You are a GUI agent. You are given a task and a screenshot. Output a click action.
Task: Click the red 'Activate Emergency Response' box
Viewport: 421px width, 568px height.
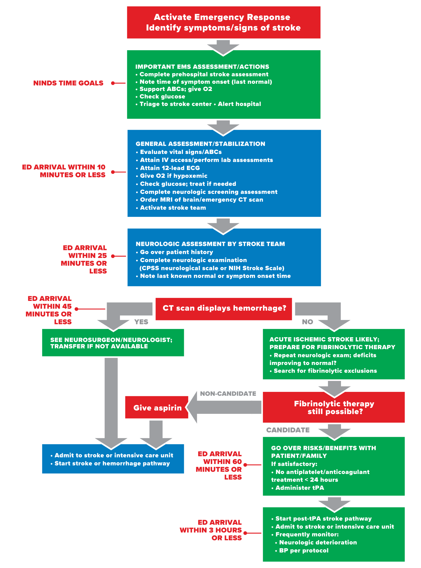pyautogui.click(x=224, y=22)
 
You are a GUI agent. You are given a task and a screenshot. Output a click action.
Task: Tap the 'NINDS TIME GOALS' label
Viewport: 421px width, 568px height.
pyautogui.click(x=68, y=83)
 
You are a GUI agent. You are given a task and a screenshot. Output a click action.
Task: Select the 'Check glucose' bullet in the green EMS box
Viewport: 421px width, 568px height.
pyautogui.click(x=162, y=97)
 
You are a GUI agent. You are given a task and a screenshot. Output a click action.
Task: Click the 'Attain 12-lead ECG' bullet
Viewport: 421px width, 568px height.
pyautogui.click(x=170, y=168)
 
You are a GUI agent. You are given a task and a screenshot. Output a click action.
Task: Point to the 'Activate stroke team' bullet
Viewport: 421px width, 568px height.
pyautogui.click(x=173, y=208)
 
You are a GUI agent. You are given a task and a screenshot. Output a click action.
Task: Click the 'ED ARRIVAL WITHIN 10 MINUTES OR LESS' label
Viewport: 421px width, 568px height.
pyautogui.click(x=64, y=171)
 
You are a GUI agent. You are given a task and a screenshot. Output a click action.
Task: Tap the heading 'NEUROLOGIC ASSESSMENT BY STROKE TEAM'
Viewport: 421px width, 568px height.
pyautogui.click(x=210, y=244)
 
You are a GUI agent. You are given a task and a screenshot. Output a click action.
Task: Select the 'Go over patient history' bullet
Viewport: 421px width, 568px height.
pyautogui.click(x=176, y=252)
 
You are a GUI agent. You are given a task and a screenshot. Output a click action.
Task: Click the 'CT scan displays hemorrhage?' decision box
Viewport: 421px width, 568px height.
pyautogui.click(x=224, y=308)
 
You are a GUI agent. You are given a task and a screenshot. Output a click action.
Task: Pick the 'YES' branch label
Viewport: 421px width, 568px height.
pyautogui.click(x=141, y=322)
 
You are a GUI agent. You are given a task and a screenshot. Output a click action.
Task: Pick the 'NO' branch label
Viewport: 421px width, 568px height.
pyautogui.click(x=307, y=322)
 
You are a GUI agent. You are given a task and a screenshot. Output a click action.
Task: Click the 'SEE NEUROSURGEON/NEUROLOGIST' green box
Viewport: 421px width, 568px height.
pyautogui.click(x=113, y=343)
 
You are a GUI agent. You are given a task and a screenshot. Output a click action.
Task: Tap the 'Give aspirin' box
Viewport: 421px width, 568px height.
pyautogui.click(x=157, y=408)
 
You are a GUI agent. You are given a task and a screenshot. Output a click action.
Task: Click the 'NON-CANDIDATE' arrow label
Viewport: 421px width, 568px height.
pyautogui.click(x=228, y=394)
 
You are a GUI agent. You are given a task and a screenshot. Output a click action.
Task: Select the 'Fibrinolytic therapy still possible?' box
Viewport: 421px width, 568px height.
pyautogui.click(x=334, y=407)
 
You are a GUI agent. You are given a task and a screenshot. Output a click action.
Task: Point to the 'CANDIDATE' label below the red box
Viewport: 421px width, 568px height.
pyautogui.click(x=288, y=430)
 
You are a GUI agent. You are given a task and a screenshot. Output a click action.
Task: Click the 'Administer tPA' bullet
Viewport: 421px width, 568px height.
pyautogui.click(x=299, y=488)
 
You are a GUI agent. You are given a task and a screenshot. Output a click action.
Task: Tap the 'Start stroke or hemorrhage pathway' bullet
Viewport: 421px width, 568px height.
pyautogui.click(x=112, y=463)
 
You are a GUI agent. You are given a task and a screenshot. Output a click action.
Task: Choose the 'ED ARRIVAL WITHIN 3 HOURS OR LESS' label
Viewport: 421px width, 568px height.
pyautogui.click(x=211, y=530)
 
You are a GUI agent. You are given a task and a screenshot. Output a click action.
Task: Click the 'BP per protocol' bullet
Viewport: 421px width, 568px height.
pyautogui.click(x=304, y=551)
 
